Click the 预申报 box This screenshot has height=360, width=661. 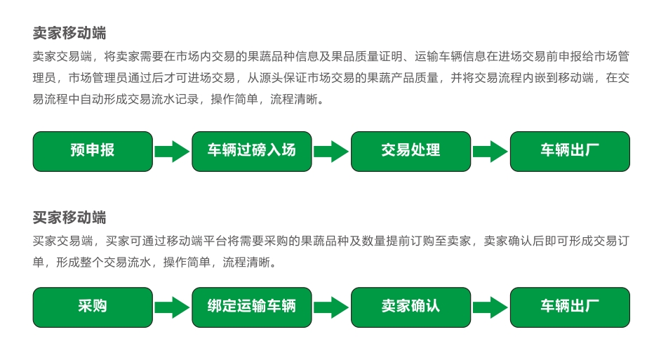[x=93, y=151]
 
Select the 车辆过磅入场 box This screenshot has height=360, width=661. [x=252, y=151]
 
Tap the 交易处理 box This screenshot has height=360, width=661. [x=410, y=151]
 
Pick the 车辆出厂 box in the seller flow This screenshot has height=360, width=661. [x=570, y=151]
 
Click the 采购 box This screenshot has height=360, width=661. [x=93, y=307]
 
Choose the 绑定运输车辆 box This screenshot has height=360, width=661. [x=252, y=307]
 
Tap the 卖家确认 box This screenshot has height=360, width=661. [x=410, y=307]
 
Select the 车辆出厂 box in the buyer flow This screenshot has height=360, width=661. [x=570, y=307]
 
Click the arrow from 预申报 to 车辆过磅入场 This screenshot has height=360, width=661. [x=172, y=151]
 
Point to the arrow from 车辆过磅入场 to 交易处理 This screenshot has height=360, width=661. [x=331, y=151]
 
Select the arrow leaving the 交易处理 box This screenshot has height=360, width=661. [x=490, y=151]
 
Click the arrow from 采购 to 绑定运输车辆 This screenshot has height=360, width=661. [x=172, y=307]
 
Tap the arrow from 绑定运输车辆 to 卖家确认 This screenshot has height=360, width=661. [x=331, y=307]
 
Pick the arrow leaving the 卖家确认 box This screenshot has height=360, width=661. [x=490, y=307]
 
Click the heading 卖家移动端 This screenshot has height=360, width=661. [x=69, y=33]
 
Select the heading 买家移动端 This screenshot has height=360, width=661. [x=69, y=217]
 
